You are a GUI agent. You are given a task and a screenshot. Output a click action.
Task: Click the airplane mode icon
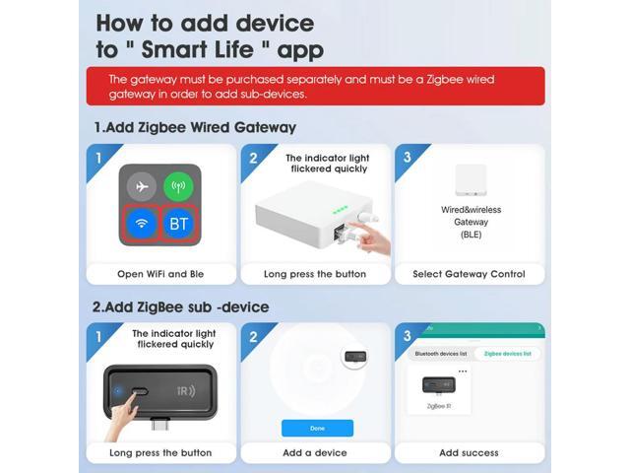pos(142,186)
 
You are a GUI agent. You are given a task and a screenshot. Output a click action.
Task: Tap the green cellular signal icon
pos(178,186)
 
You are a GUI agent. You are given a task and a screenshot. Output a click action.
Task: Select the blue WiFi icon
pos(142,224)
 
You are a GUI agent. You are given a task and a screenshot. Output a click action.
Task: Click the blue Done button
pos(317,428)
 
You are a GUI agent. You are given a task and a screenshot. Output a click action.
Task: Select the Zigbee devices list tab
pos(508,353)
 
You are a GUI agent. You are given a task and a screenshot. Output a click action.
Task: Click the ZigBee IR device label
pos(438,405)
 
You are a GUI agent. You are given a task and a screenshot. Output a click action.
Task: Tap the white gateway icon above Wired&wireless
pos(470,180)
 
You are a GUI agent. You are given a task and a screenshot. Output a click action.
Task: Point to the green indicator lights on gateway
pos(340,209)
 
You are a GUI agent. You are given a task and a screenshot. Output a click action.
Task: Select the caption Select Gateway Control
pos(470,274)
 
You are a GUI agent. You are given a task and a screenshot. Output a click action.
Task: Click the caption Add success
pos(469,452)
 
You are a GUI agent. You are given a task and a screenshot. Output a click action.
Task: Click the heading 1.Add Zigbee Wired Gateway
pos(194,127)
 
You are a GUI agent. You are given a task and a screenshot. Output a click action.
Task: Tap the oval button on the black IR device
pos(139,391)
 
